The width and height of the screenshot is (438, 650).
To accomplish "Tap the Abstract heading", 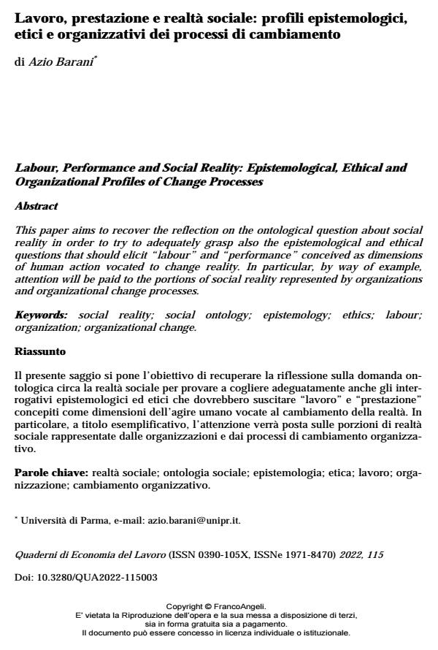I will tap(36, 207).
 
